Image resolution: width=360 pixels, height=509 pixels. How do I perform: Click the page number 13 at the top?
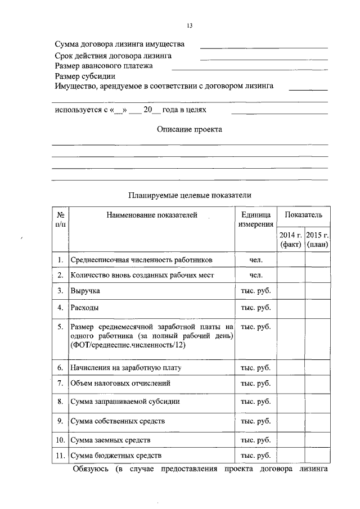coord(190,25)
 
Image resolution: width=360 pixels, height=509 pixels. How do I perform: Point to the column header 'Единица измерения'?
coord(256,220)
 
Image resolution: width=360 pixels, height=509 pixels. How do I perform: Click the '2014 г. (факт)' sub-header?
coord(290,240)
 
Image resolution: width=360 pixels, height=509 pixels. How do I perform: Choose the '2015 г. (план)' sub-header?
coord(317,240)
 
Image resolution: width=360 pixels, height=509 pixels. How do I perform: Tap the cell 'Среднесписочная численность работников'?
coord(141,260)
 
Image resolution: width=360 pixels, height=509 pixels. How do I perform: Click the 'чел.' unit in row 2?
coord(256,276)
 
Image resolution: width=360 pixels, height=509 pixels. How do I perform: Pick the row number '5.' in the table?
coord(60,326)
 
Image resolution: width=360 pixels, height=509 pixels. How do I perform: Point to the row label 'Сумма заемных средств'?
coord(110,439)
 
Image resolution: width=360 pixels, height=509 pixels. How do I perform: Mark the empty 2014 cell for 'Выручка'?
coord(290,292)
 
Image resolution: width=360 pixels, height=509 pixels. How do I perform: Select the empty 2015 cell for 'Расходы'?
coord(317,308)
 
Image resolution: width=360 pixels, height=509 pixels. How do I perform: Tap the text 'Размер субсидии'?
coord(84,76)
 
